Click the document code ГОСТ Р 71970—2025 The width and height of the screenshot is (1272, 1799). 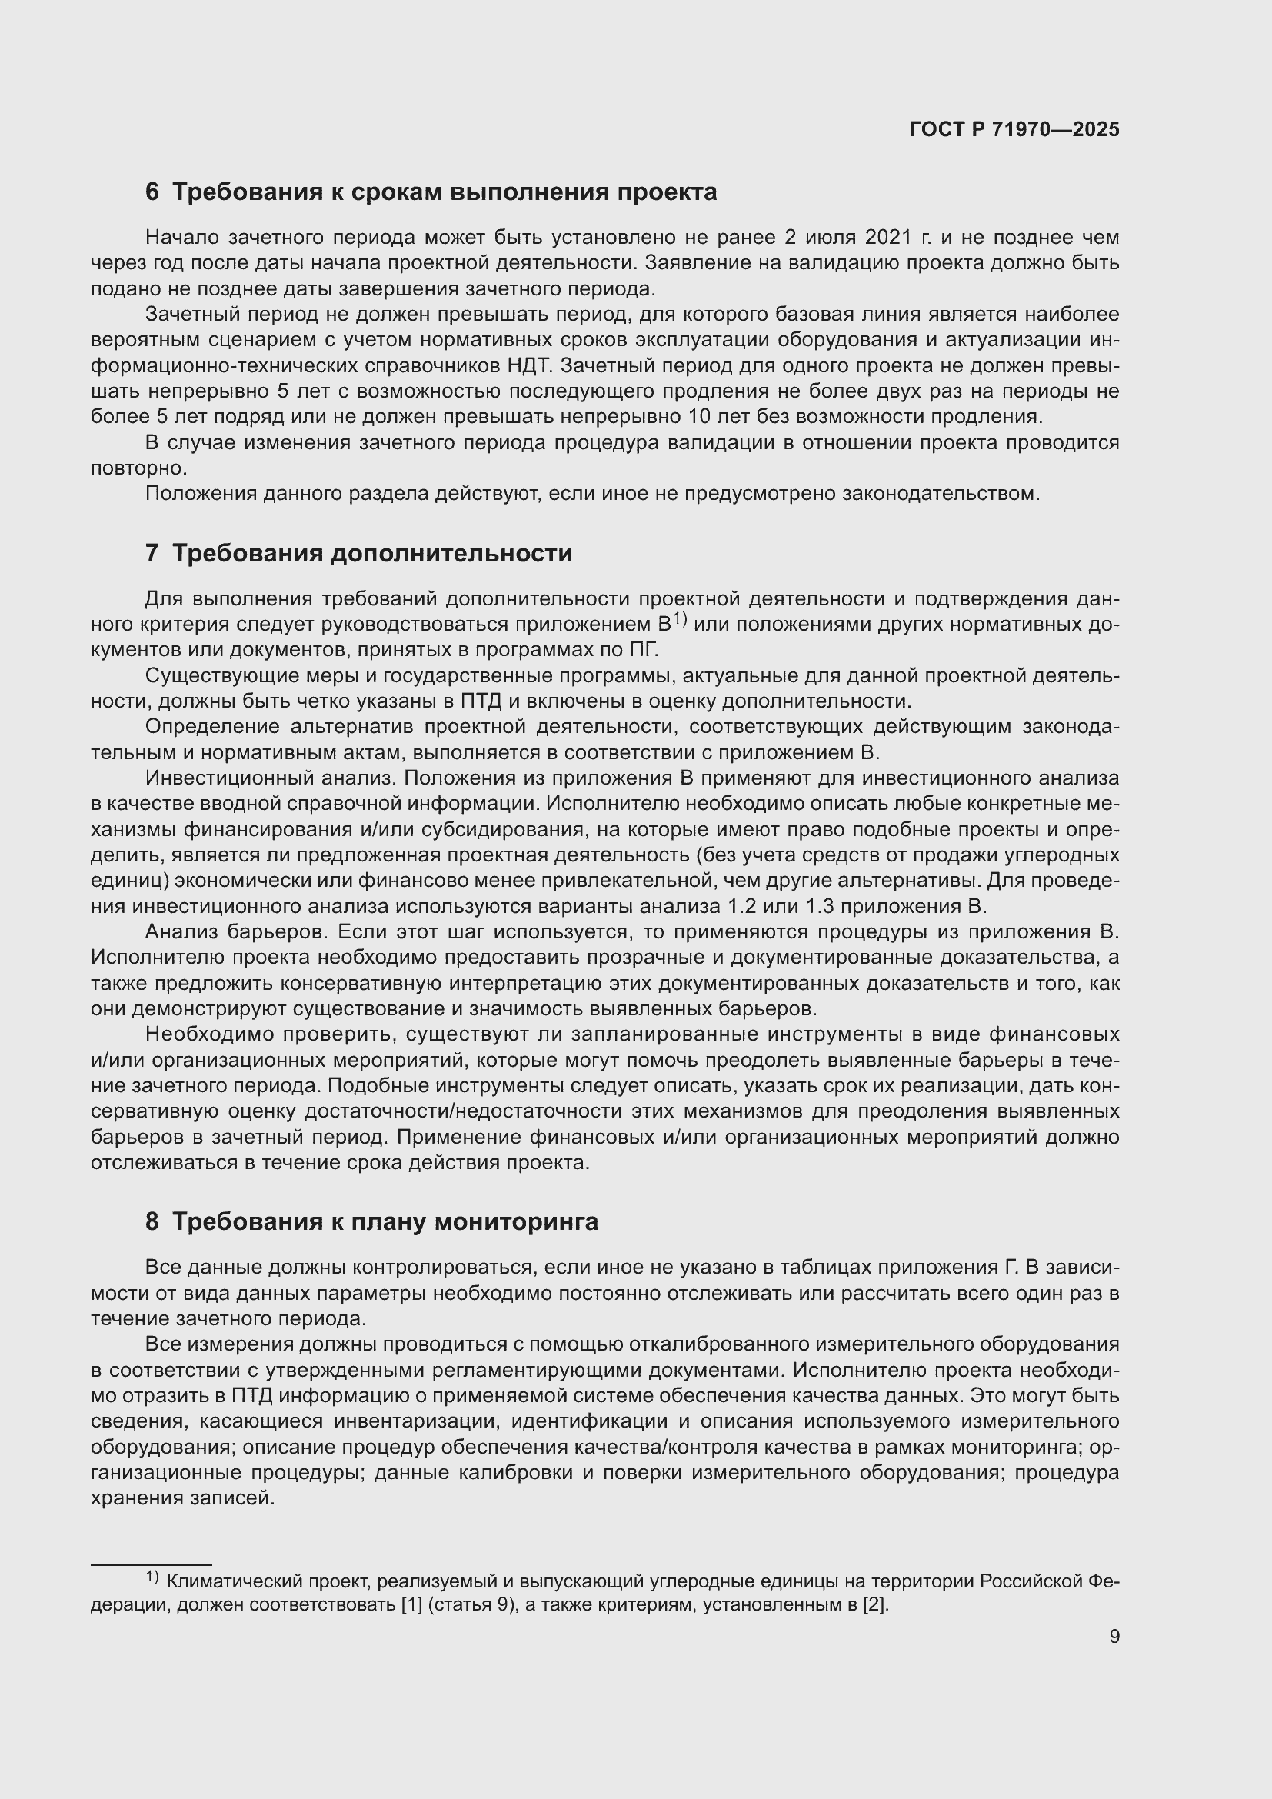1014,130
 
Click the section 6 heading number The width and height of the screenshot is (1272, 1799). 152,192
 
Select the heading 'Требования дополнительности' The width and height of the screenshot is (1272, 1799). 372,553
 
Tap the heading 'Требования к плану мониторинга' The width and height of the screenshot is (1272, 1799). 385,1221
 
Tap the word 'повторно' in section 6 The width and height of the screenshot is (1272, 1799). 138,468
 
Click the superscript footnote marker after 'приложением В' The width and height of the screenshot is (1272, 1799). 679,618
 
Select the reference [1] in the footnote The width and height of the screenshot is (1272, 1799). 411,1604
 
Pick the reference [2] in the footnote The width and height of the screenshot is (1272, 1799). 875,1604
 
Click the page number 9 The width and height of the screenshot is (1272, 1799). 1114,1637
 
